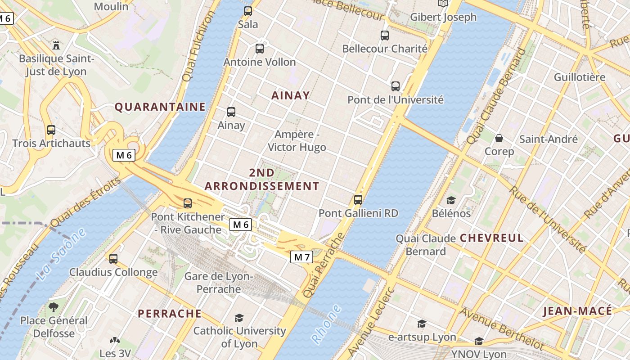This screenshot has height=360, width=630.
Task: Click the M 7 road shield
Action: [x=301, y=257]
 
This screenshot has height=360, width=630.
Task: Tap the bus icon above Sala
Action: [x=247, y=11]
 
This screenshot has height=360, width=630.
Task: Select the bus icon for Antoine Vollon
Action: [x=259, y=49]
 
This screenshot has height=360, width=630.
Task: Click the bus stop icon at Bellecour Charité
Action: [x=384, y=35]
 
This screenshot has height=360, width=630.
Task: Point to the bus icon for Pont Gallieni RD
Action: [x=358, y=199]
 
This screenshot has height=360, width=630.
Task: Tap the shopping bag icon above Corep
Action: [x=499, y=138]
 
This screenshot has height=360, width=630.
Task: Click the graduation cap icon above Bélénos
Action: [x=451, y=200]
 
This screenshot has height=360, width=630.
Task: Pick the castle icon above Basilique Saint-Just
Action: [x=56, y=45]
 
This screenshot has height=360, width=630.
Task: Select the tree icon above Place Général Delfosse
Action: [x=54, y=307]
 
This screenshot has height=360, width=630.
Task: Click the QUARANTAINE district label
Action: [x=160, y=107]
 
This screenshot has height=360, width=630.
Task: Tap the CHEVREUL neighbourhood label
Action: [x=492, y=238]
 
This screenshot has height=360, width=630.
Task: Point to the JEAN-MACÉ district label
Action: [x=577, y=311]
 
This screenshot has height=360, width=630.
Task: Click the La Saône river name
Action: [x=61, y=254]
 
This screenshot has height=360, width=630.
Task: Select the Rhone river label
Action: [x=327, y=324]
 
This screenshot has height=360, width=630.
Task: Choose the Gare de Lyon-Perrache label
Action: [x=219, y=283]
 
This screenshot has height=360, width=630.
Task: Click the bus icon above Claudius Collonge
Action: [x=113, y=259]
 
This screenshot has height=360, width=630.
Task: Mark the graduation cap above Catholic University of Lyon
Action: [x=239, y=318]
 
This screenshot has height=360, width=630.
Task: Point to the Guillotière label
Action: [x=579, y=77]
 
